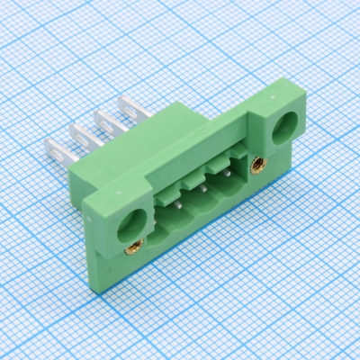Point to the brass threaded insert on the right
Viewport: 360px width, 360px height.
point(258,166)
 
